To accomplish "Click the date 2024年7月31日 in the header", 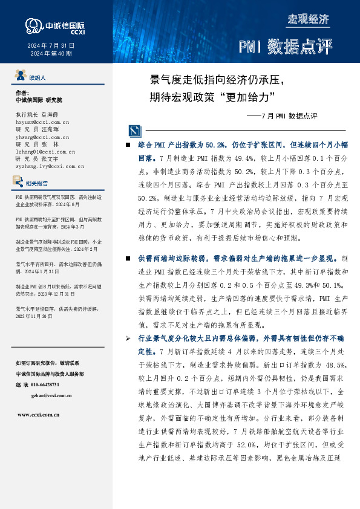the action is coord(51,45).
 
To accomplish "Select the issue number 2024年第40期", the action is coord(51,53).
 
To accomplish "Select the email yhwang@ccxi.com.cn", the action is coord(41,137).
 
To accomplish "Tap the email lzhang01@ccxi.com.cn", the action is coord(42,152).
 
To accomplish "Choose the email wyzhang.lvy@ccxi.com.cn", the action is coord(45,166).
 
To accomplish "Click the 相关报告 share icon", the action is coord(19,182).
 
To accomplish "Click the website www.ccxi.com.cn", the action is coord(41,415).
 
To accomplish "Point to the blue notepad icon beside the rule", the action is coord(134,130).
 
